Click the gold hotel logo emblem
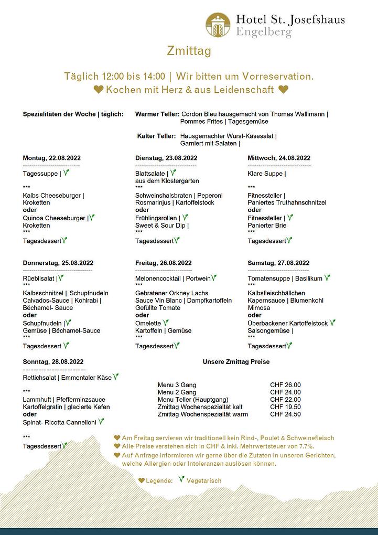pyautogui.click(x=218, y=25)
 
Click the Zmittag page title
pyautogui.click(x=189, y=51)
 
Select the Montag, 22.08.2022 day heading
pyautogui.click(x=52, y=158)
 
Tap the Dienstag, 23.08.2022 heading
pyautogui.click(x=166, y=158)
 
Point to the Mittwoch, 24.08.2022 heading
pyautogui.click(x=279, y=158)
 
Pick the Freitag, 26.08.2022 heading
pyautogui.click(x=164, y=263)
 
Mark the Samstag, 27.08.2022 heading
pyautogui.click(x=278, y=263)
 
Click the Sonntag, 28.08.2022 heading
pyautogui.click(x=53, y=361)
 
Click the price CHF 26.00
pyautogui.click(x=285, y=385)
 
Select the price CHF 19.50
pyautogui.click(x=285, y=407)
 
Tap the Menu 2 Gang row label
pyautogui.click(x=177, y=392)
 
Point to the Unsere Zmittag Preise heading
pyautogui.click(x=236, y=361)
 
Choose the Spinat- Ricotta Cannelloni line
pyautogui.click(x=60, y=422)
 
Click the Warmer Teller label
pyautogui.click(x=157, y=114)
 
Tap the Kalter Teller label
pyautogui.click(x=156, y=136)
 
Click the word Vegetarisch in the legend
pyautogui.click(x=204, y=480)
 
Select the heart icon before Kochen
pyautogui.click(x=98, y=90)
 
